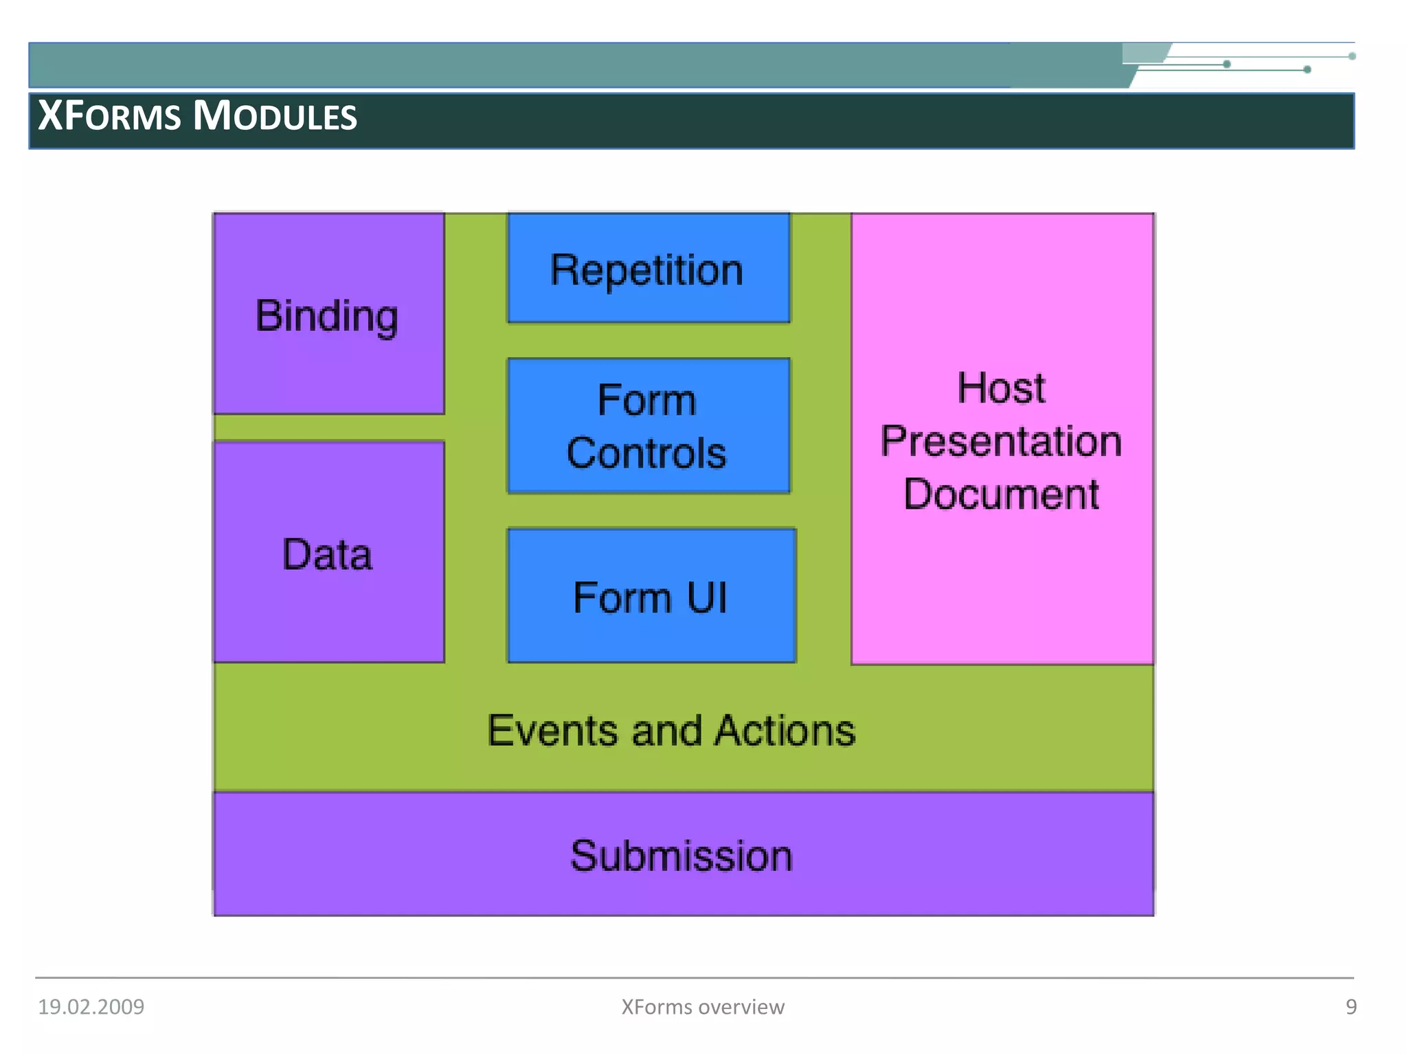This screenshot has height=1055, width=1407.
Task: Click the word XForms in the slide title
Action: click(109, 115)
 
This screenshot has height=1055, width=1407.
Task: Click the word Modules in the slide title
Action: click(275, 115)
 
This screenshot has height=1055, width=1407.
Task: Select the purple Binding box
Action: click(328, 314)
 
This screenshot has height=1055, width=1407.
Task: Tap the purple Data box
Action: click(328, 553)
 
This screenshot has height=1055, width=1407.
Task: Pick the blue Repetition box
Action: click(648, 269)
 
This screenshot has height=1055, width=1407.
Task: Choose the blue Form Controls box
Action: click(648, 426)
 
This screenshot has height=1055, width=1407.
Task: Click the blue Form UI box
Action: click(651, 596)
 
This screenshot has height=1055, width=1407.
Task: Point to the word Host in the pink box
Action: click(1001, 388)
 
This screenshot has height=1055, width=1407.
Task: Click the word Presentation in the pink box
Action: click(1001, 441)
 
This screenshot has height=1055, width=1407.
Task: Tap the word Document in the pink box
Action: click(1001, 494)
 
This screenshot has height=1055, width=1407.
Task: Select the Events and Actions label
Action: click(671, 730)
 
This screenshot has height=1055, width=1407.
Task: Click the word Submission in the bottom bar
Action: click(681, 856)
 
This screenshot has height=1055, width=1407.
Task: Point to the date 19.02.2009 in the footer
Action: click(91, 1007)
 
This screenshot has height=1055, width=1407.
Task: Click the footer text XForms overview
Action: click(702, 1007)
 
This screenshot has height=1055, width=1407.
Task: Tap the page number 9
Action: click(1351, 1007)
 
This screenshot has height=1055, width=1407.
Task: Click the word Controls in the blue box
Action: click(646, 453)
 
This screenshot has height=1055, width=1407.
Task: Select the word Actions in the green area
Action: click(785, 730)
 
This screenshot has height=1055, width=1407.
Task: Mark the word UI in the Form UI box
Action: click(706, 598)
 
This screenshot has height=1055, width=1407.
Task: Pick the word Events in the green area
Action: click(552, 730)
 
